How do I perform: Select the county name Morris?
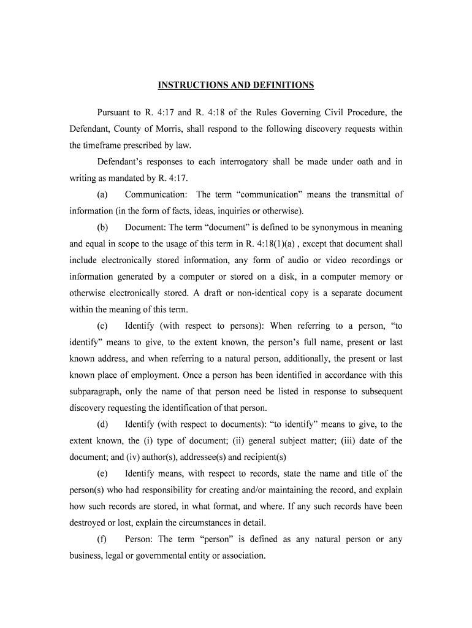(161, 129)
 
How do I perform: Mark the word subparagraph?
(96, 392)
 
